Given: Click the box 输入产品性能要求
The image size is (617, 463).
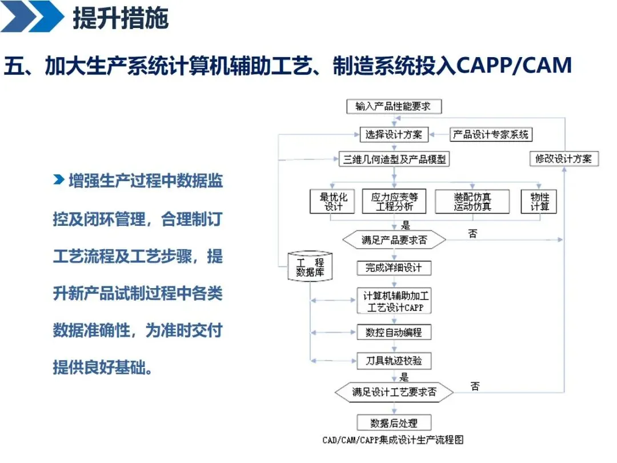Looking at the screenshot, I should [394, 106].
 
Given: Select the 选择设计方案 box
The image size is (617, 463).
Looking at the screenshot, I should [394, 135].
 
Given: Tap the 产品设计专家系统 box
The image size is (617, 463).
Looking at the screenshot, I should [491, 135].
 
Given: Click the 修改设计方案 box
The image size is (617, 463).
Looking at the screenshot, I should [563, 159].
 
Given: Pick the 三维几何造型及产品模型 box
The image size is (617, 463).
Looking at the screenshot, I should [394, 159].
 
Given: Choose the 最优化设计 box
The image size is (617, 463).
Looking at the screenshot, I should [333, 201].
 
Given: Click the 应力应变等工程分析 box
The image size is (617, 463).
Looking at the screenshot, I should [394, 201].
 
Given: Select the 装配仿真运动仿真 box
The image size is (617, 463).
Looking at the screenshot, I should [472, 201].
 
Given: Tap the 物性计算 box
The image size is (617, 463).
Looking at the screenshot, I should [539, 201].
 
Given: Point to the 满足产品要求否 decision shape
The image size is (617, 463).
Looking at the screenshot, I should [394, 240].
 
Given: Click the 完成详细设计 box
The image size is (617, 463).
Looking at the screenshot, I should [394, 268].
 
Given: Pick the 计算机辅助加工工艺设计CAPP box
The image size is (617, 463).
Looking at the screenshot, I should [394, 301].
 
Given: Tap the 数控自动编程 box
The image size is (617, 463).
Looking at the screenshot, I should [394, 332].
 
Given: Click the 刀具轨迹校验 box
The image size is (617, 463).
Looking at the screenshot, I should [394, 361].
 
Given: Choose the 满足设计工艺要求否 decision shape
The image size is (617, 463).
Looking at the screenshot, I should [394, 392].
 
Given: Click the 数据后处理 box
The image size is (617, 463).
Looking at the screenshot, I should [394, 423].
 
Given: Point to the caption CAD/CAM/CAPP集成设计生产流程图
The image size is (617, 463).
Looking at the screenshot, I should [392, 440].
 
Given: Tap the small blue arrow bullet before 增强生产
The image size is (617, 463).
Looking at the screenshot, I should [58, 181].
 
